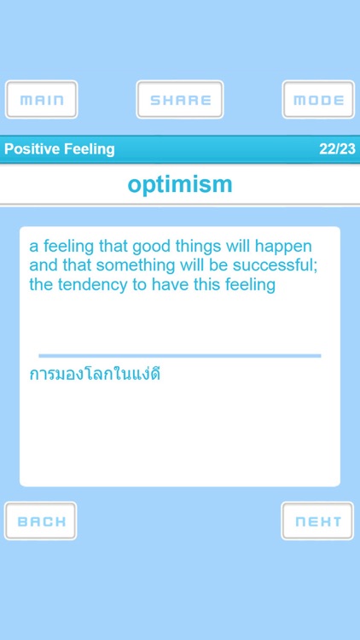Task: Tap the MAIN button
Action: [x=42, y=100]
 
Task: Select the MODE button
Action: [x=318, y=100]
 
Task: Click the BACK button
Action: [x=41, y=521]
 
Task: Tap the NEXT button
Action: [x=317, y=521]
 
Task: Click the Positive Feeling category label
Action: [x=59, y=149]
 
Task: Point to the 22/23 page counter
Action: [x=337, y=149]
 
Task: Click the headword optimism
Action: [x=180, y=184]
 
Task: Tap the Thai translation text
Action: [x=96, y=374]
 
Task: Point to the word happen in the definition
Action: [x=284, y=247]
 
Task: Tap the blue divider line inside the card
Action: [x=180, y=355]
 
